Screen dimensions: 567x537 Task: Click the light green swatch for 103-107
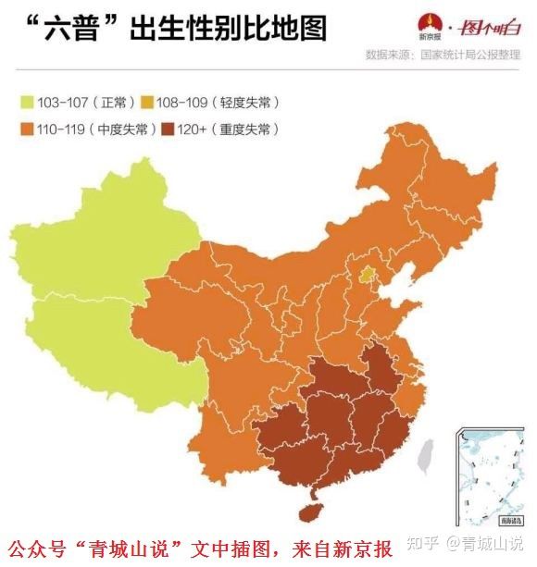(x=25, y=101)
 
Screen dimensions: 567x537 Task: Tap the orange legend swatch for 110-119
(x=25, y=129)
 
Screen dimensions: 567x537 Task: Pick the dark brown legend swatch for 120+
(x=169, y=129)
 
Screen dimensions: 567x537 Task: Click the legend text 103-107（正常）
(x=78, y=101)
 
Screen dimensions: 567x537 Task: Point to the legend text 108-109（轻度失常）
(x=208, y=101)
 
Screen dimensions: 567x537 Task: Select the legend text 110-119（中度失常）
(x=90, y=129)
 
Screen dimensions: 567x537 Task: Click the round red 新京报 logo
(x=428, y=25)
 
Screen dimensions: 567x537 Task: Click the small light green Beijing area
(x=368, y=274)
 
